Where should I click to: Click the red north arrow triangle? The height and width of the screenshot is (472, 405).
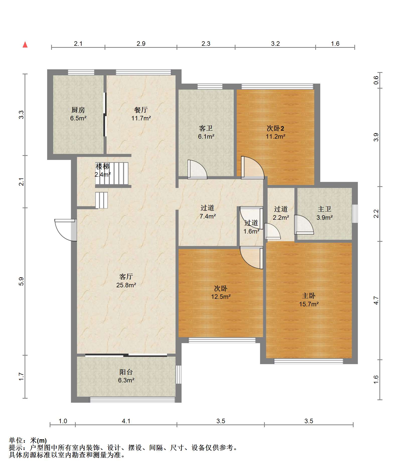(x=25, y=45)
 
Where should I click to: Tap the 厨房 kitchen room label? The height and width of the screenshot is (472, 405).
(x=78, y=110)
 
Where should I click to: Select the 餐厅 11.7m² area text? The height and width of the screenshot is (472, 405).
(x=141, y=118)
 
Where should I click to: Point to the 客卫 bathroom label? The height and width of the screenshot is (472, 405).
(x=206, y=128)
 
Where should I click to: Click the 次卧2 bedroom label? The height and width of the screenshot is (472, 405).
(x=275, y=128)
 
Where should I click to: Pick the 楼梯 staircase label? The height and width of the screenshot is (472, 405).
(x=103, y=166)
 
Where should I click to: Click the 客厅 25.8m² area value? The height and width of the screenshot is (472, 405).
(x=126, y=285)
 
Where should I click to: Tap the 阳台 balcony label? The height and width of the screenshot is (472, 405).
(x=126, y=372)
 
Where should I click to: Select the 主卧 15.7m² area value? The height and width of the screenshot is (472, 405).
(x=309, y=304)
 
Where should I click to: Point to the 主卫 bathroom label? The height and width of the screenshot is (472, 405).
(x=325, y=209)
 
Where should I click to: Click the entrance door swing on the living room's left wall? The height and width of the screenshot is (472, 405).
(x=66, y=230)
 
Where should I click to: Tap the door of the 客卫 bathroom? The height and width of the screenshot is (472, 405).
(x=197, y=169)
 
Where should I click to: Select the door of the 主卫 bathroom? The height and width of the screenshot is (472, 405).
(x=304, y=224)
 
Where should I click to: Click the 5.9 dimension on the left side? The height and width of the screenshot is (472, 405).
(x=21, y=281)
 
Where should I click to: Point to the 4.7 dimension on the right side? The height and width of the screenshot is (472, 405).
(x=376, y=300)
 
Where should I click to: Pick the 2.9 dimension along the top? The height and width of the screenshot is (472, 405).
(x=141, y=44)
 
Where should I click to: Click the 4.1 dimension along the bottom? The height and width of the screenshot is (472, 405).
(x=126, y=421)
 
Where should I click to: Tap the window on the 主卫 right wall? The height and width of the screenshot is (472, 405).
(x=355, y=213)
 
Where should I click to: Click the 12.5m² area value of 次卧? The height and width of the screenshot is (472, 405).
(x=221, y=297)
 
